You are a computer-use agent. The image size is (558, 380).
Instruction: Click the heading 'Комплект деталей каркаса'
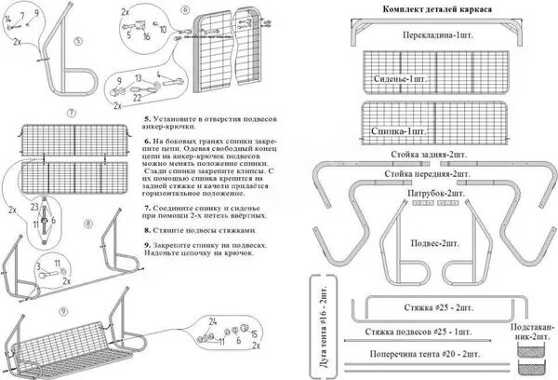point(437,8)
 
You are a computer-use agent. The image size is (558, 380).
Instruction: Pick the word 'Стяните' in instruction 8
point(169,228)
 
